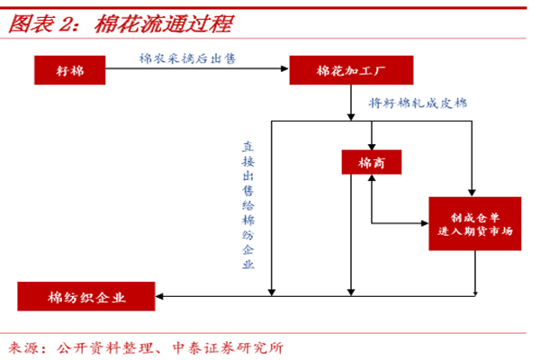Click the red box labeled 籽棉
pyautogui.click(x=70, y=70)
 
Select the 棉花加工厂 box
pyautogui.click(x=351, y=70)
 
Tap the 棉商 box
pyautogui.click(x=371, y=162)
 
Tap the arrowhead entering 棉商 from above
pyautogui.click(x=371, y=145)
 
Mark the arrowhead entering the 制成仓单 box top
pyautogui.click(x=472, y=192)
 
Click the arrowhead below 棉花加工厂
pyautogui.click(x=350, y=114)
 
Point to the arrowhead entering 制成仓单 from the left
pyautogui.click(x=423, y=223)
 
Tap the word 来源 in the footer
pyautogui.click(x=25, y=346)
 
